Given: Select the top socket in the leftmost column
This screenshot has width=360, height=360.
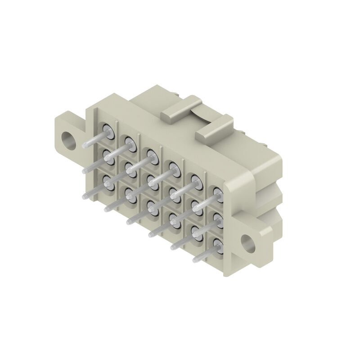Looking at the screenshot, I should click(107, 129).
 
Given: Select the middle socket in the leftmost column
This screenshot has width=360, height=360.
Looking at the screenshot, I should click(107, 155).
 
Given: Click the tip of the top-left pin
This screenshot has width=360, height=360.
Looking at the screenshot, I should click(85, 145).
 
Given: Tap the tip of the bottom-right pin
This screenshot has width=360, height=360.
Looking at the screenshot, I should click(194, 261).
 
